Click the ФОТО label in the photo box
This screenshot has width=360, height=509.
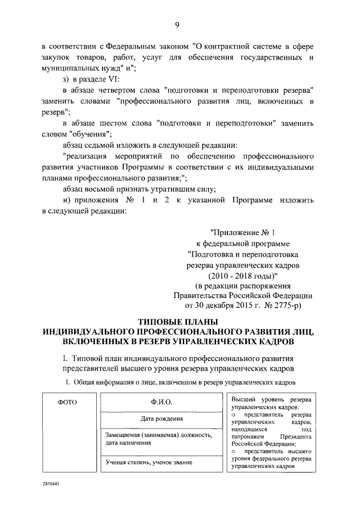click(x=67, y=402)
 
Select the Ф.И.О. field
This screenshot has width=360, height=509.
click(x=161, y=402)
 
